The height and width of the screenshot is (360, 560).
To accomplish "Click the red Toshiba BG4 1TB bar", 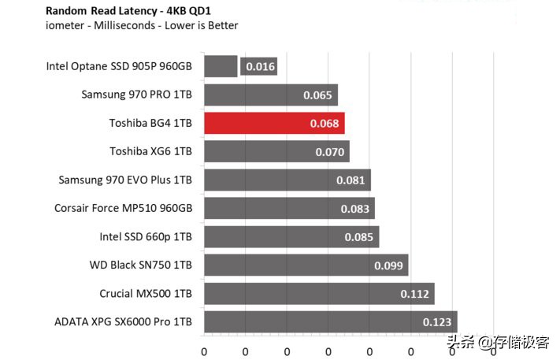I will click(x=273, y=124).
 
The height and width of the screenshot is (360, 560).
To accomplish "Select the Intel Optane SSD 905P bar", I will click(x=221, y=66).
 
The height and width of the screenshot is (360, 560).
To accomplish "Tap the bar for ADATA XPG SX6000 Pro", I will click(x=330, y=322).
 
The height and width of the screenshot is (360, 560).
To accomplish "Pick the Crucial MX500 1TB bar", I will click(x=319, y=294).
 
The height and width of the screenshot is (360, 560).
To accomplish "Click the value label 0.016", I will click(x=260, y=67).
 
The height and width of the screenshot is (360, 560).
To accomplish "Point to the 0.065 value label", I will click(x=317, y=95).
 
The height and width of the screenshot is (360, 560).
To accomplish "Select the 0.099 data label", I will click(x=388, y=265).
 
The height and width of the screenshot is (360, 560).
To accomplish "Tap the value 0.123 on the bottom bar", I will click(x=436, y=322).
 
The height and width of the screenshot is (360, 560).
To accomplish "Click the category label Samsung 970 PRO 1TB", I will click(x=136, y=95).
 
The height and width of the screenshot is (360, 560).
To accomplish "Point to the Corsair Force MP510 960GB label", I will click(x=124, y=208).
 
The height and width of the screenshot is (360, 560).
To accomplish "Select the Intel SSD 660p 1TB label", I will click(x=145, y=236).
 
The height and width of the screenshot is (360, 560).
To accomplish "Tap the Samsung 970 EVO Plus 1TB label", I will click(x=125, y=180).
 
